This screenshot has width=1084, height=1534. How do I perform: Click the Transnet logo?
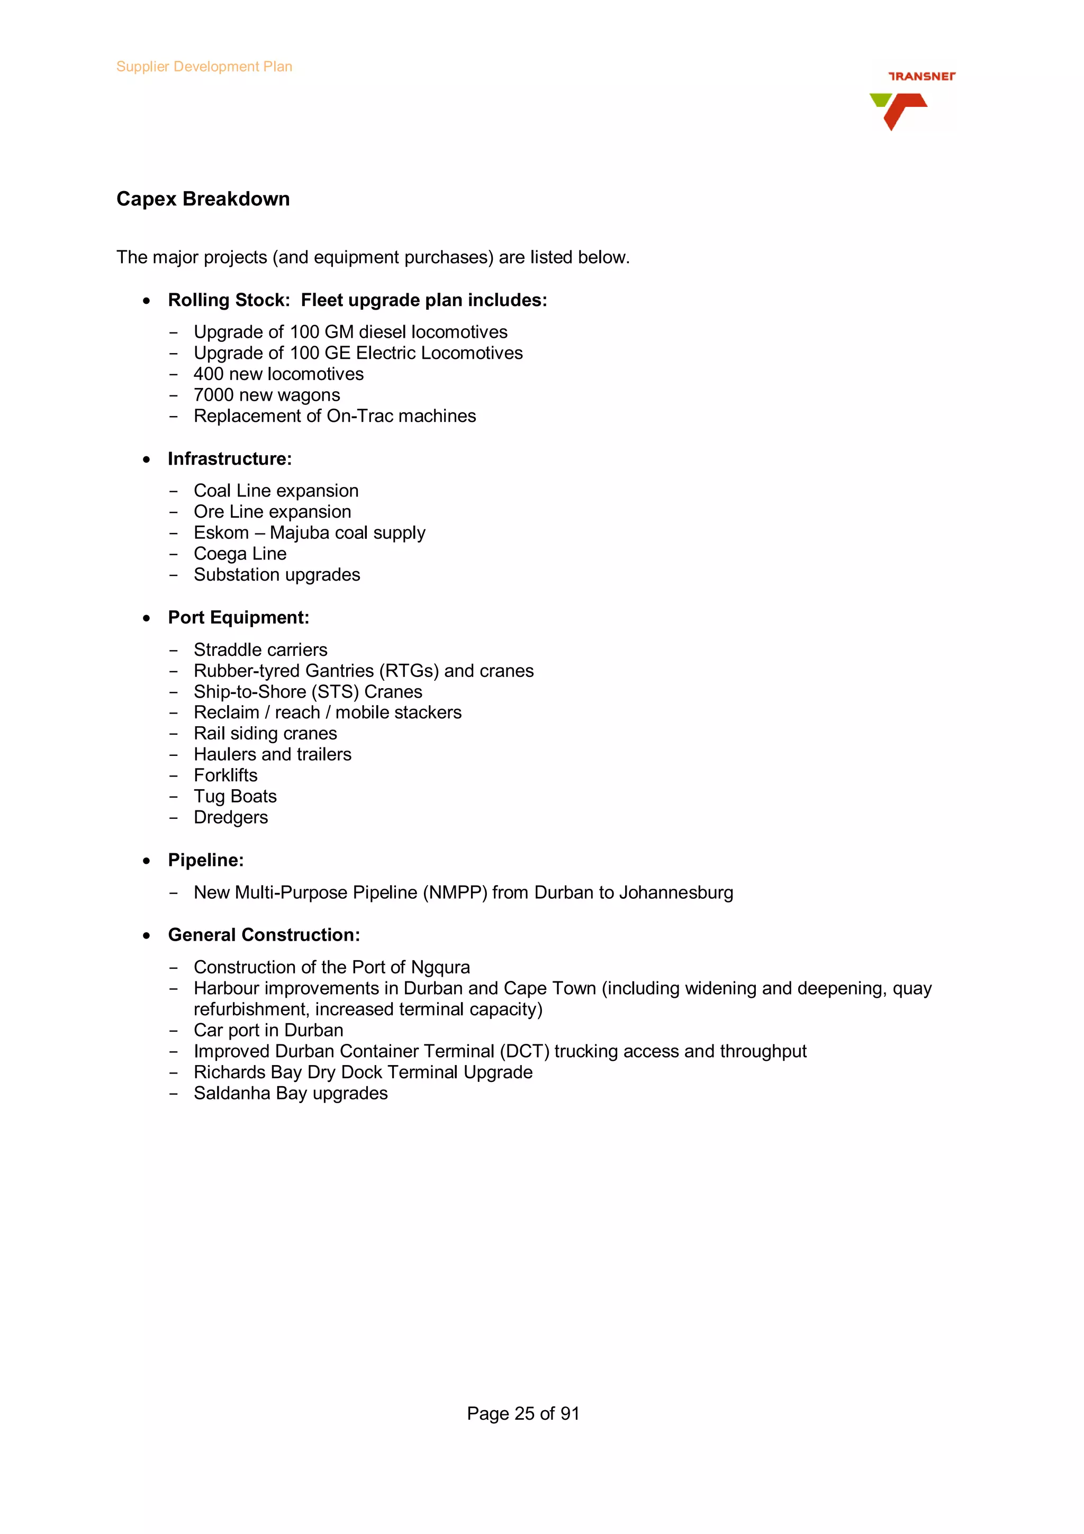(x=911, y=100)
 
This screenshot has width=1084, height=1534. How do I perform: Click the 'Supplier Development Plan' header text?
(x=204, y=67)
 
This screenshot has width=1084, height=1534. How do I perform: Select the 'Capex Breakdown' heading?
(x=203, y=199)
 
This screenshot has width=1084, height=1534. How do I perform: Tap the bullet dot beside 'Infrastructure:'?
(x=146, y=459)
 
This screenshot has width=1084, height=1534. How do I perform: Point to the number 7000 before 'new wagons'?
(x=214, y=395)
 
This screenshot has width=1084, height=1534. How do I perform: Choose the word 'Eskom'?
(x=221, y=533)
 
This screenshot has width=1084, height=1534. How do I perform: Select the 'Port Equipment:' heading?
(x=238, y=618)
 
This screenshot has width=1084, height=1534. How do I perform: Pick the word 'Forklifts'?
(x=225, y=775)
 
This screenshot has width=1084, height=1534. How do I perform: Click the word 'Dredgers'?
(x=230, y=818)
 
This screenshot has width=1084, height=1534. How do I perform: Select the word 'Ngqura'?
(x=440, y=968)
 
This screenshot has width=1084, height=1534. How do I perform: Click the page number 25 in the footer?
(x=525, y=1414)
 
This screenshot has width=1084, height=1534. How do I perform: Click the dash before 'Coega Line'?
(x=174, y=555)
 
